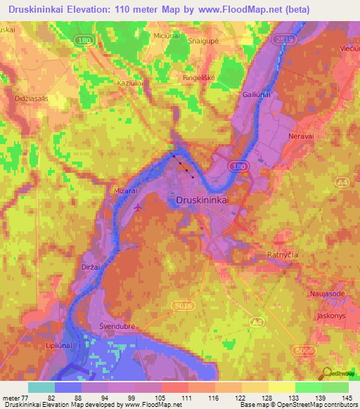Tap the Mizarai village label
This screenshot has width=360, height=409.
point(125,190)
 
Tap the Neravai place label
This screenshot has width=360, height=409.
point(302,136)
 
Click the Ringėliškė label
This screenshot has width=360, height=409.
point(198,77)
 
